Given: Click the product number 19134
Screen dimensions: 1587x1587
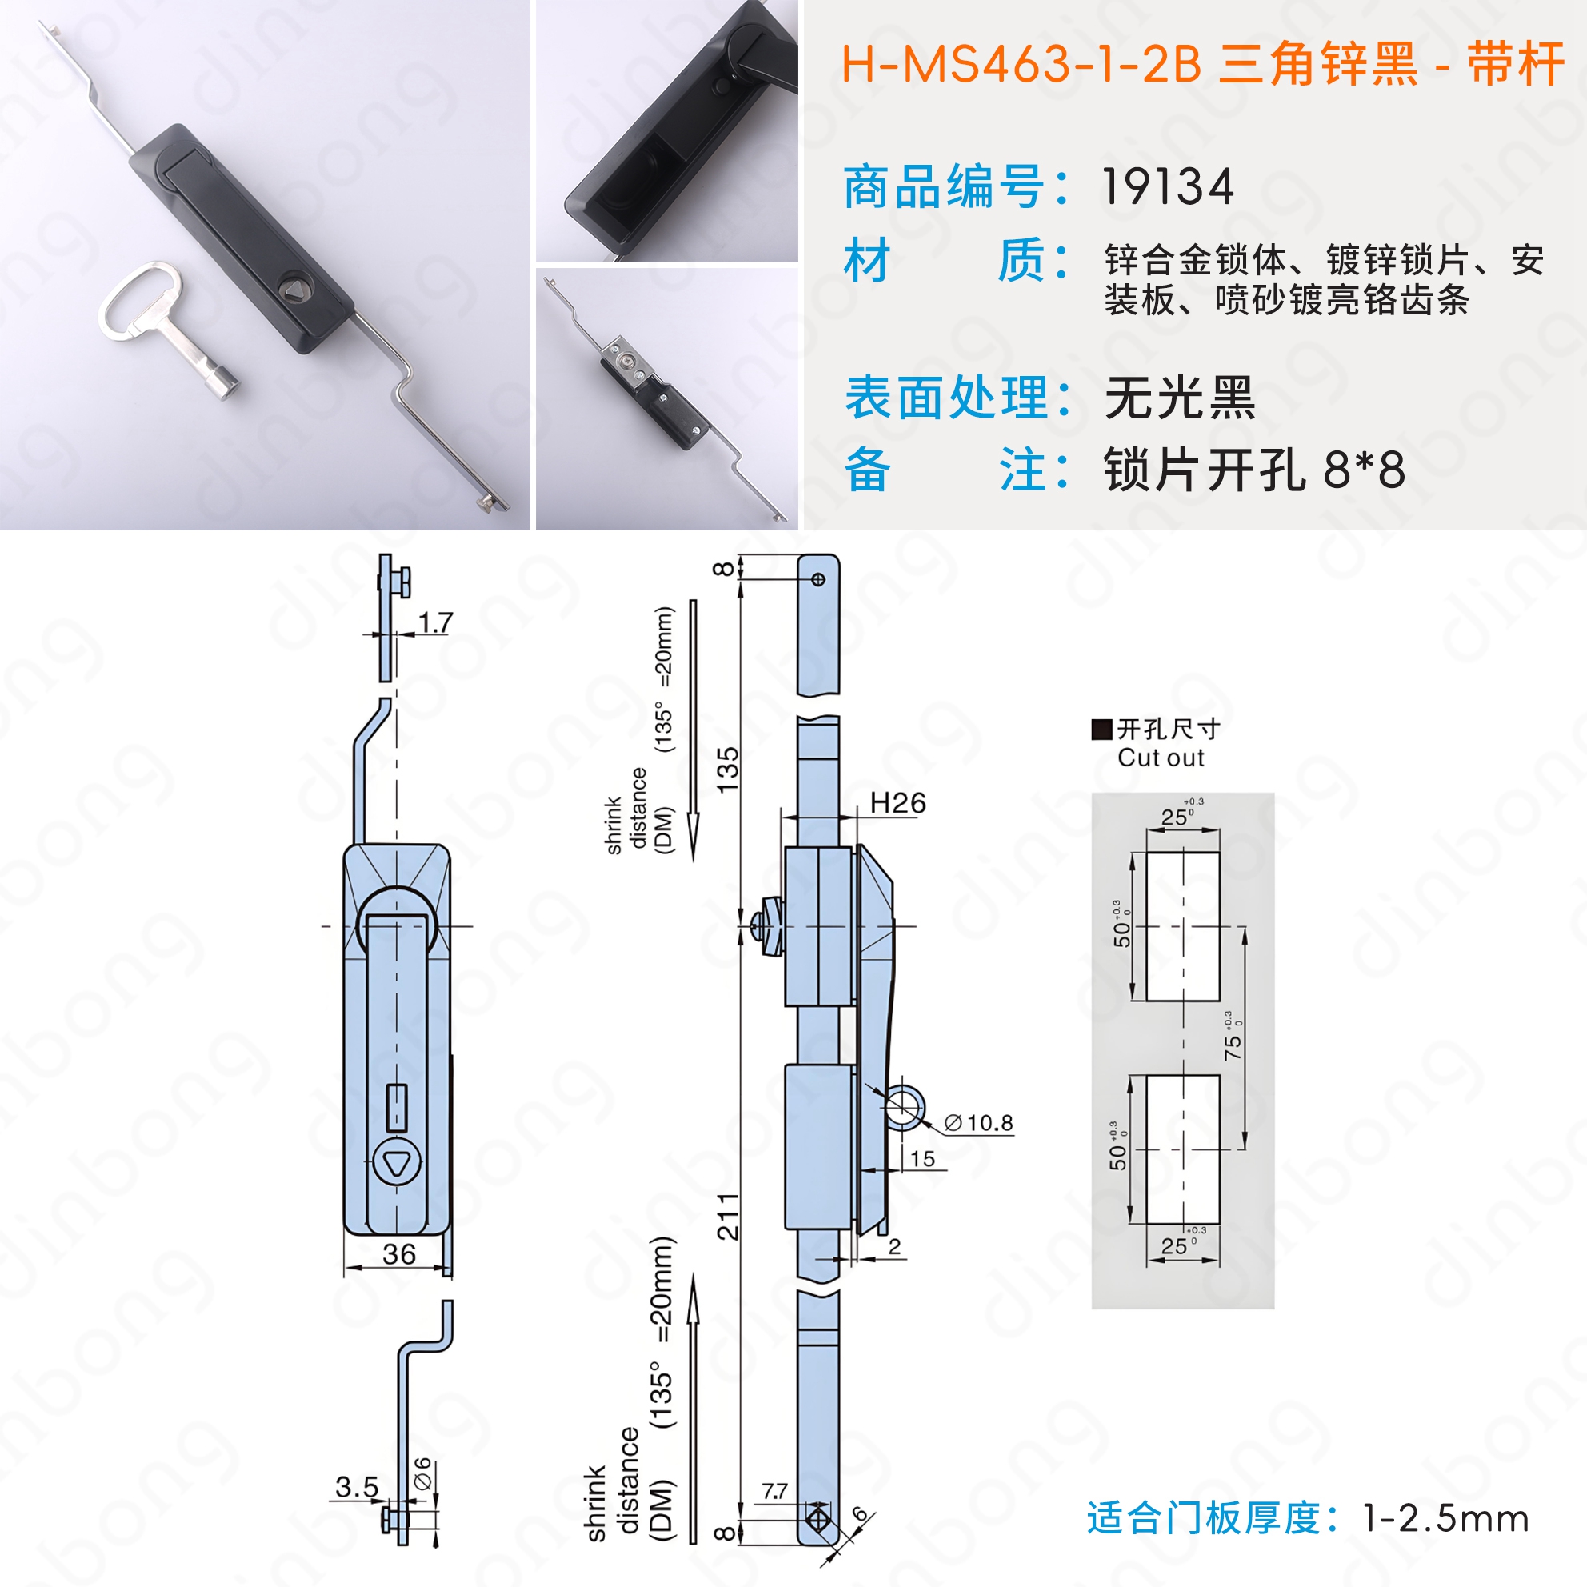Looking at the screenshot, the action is (x=1167, y=187).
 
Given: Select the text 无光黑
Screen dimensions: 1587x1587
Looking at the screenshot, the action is (x=1180, y=398).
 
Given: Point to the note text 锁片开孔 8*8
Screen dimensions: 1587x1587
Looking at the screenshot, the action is (x=1254, y=470).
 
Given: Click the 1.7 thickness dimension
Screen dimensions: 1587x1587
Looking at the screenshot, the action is (x=435, y=622).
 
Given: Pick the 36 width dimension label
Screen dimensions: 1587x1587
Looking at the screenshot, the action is (x=398, y=1254).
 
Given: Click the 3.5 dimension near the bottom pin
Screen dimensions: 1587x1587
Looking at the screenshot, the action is (x=357, y=1487).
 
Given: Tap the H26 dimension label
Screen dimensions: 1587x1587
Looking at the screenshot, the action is (x=897, y=802).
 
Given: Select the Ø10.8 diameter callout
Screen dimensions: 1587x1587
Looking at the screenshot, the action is (x=979, y=1123).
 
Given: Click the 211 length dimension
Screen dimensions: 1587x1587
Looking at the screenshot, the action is (x=728, y=1217).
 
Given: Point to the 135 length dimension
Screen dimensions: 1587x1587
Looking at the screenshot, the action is (x=728, y=770).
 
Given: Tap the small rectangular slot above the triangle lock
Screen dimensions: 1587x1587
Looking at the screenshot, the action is (x=397, y=1106).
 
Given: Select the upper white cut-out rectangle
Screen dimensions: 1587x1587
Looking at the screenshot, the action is (x=1183, y=926).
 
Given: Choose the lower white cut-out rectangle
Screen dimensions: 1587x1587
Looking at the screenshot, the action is (x=1183, y=1149).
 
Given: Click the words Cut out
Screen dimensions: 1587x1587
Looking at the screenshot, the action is (x=1161, y=758).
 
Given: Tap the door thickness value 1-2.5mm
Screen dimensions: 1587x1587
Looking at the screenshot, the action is (x=1445, y=1518).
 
